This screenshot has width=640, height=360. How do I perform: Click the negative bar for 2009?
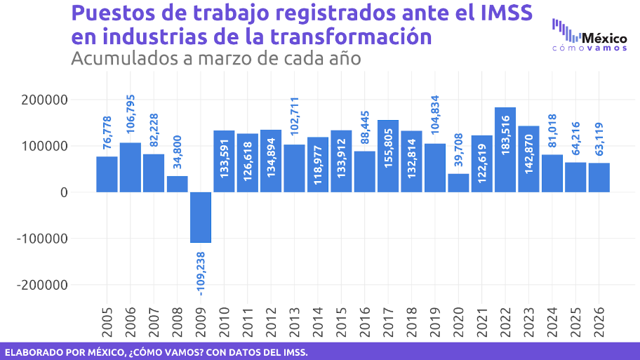[x=201, y=218]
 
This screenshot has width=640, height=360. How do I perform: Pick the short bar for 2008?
[x=177, y=184]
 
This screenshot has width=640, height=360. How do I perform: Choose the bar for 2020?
[x=458, y=183]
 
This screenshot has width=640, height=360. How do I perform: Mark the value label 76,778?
[x=107, y=132]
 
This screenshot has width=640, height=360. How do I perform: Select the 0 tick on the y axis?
[x=63, y=192]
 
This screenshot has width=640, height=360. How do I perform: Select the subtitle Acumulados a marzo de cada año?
[x=215, y=58]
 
